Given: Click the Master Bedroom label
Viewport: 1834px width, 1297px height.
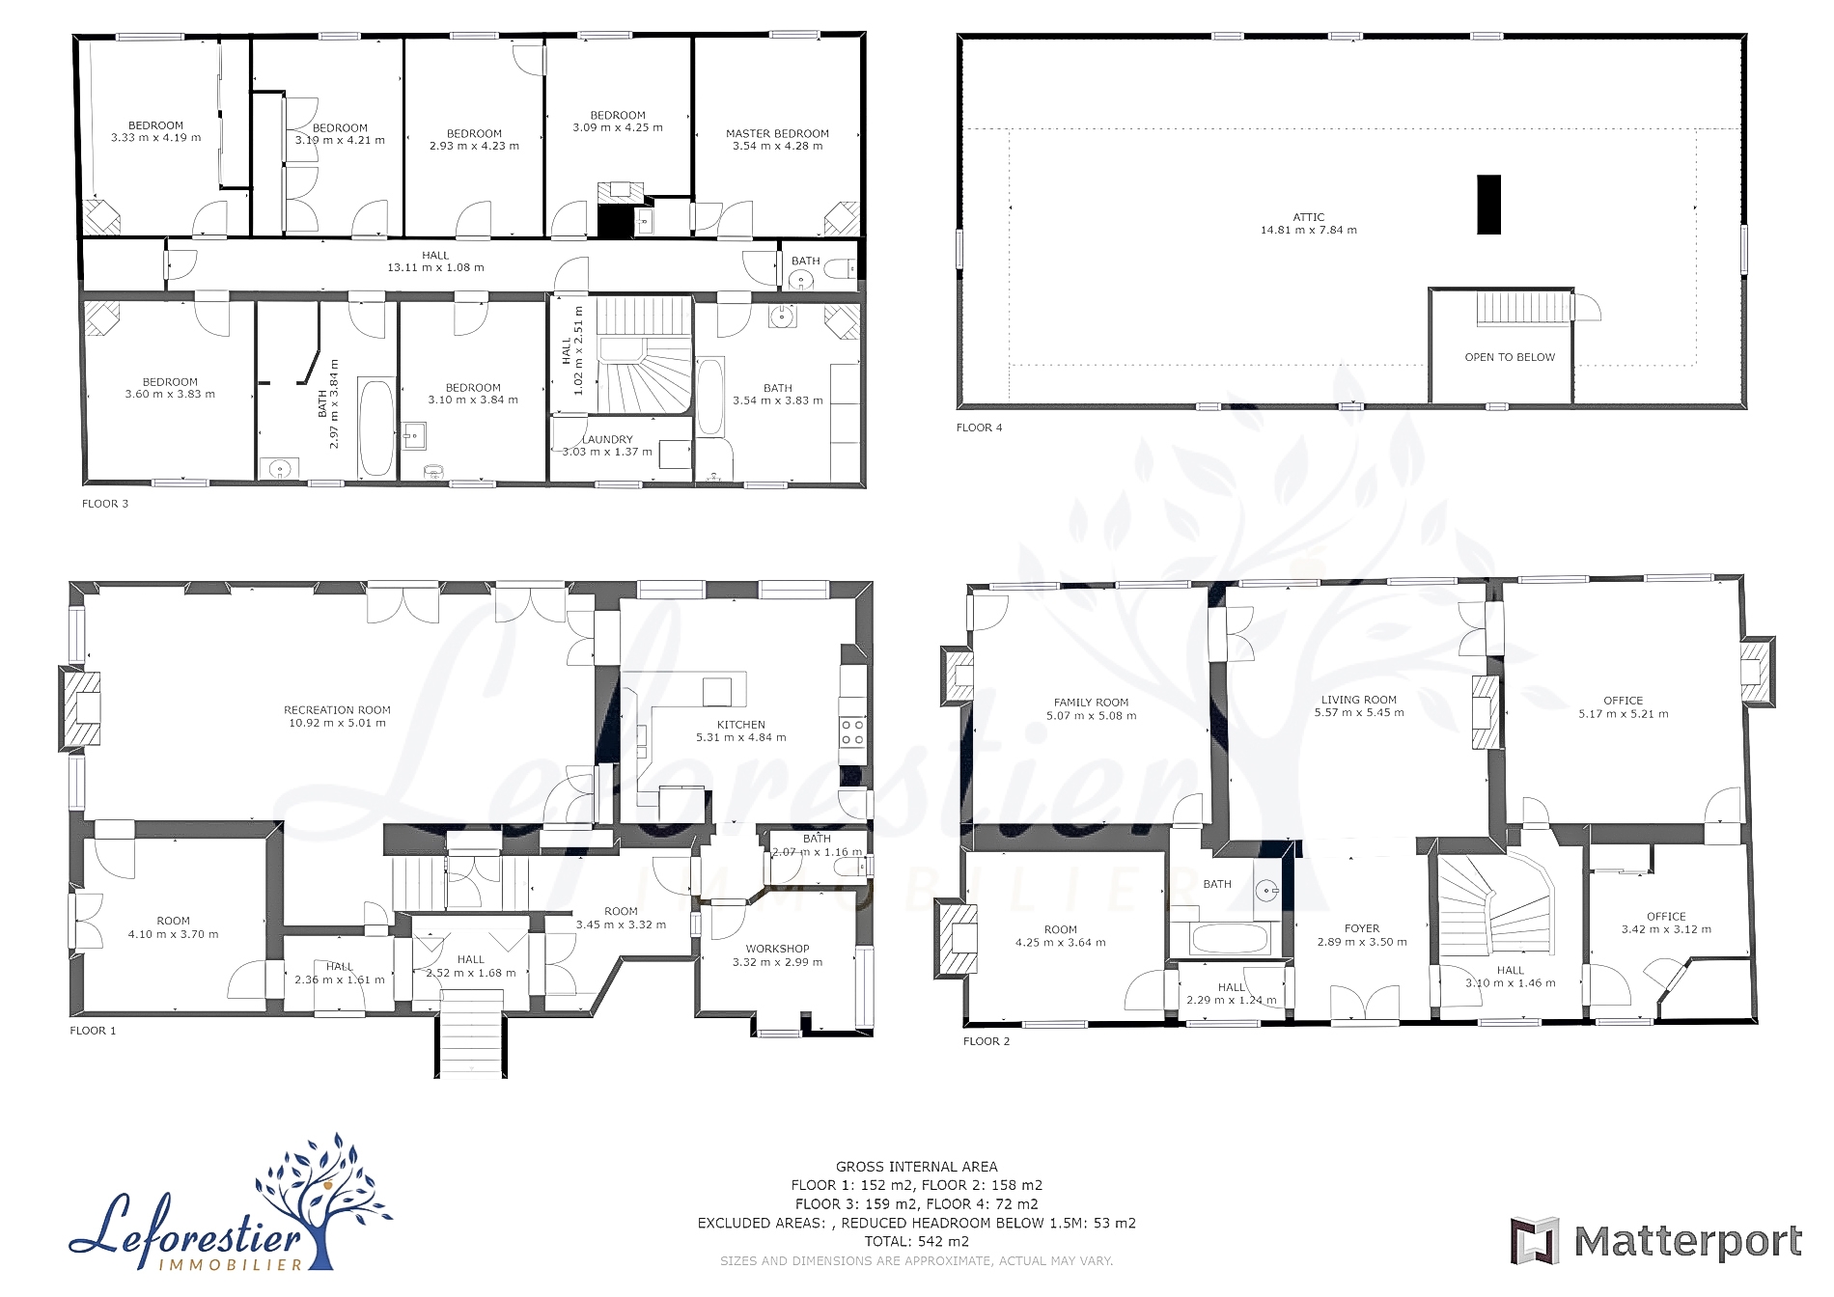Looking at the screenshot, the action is tap(777, 134).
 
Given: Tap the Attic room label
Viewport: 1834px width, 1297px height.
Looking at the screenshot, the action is tap(1308, 217).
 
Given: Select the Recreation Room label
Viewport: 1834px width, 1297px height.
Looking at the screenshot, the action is tap(337, 710).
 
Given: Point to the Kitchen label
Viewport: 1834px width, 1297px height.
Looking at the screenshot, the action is tap(740, 725).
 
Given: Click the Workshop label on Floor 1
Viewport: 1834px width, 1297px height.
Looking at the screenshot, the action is tap(777, 949).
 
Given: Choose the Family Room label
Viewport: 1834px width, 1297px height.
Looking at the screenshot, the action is tap(1091, 703).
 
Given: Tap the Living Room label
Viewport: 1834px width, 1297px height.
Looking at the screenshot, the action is tap(1358, 700).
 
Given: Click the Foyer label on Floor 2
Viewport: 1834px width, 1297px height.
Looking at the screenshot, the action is tap(1362, 928).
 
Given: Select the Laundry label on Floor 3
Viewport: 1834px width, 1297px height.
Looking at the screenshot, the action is tap(607, 439).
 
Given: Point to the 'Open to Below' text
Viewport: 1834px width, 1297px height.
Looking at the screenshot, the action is tap(1510, 357).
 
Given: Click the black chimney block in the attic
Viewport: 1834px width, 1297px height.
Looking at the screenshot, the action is tap(1489, 205).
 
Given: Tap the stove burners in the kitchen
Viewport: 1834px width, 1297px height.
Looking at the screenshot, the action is tap(851, 731).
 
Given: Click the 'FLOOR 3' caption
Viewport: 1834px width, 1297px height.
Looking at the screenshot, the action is tap(105, 504).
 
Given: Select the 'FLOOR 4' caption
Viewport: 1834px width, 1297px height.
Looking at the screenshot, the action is tap(980, 428).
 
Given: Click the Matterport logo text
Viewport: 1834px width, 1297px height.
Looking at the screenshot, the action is tap(1687, 1241).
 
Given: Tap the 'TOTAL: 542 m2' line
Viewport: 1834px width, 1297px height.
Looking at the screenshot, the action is tap(917, 1242).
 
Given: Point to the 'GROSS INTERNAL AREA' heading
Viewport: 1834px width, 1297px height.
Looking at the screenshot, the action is tap(917, 1167).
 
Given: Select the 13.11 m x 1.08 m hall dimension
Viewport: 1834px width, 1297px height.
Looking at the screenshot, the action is tap(435, 267).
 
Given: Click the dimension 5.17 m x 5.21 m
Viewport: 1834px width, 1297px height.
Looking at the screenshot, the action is tap(1624, 714).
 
